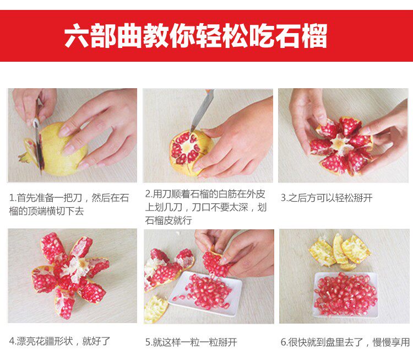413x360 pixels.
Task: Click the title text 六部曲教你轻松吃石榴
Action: pos(195,36)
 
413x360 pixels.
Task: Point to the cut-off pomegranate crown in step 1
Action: pos(28,151)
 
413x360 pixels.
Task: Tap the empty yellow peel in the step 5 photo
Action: pos(155,309)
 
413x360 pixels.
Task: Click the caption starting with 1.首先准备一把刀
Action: pos(69,204)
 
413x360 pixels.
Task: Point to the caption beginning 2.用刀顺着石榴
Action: pos(206,207)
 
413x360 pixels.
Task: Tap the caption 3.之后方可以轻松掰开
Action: pos(327,197)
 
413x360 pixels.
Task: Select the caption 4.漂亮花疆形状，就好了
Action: pos(59,341)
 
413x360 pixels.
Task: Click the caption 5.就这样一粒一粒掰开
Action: pos(191,342)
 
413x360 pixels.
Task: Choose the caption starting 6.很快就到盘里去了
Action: pos(345,342)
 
